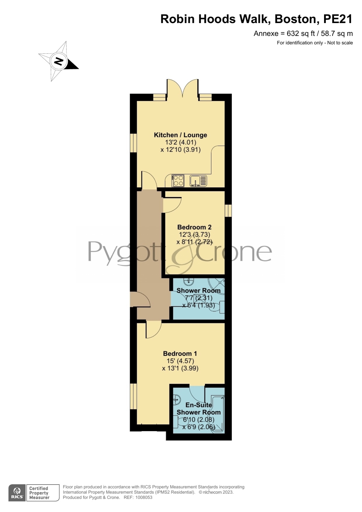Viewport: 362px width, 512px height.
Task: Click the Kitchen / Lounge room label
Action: [x=180, y=135]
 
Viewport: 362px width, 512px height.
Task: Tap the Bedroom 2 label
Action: [x=194, y=227]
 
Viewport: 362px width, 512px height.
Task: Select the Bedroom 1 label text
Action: [x=180, y=353]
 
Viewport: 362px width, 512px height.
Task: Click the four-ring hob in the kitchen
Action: [x=178, y=181]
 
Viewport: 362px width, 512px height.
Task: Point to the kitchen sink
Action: [x=198, y=181]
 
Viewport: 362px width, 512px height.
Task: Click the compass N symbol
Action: [x=59, y=61]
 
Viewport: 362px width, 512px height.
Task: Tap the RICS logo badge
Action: [x=17, y=493]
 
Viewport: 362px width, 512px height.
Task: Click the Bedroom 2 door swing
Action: [x=172, y=205]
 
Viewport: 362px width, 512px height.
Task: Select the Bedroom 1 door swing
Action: [x=153, y=330]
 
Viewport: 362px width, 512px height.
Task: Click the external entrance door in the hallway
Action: [x=140, y=299]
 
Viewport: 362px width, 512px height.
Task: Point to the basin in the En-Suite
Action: [x=177, y=399]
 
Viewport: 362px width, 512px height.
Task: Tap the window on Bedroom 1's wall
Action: [x=133, y=396]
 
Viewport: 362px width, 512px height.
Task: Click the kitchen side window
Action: [x=133, y=143]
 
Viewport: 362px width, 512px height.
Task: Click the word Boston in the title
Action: [x=295, y=19]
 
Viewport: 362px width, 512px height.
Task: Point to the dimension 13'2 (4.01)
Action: [x=181, y=142]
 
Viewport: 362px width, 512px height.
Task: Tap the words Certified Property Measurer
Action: [x=39, y=493]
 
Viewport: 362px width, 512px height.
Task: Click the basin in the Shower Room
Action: [x=189, y=282]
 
